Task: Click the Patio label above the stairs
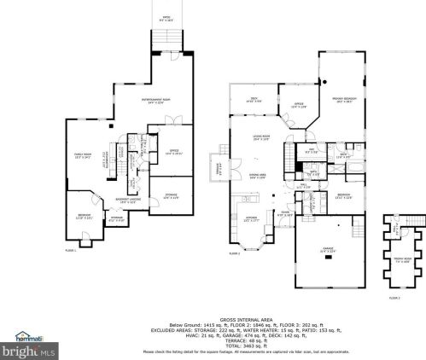point(166,18)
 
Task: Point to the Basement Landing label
point(128,200)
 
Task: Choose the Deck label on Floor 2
point(254,101)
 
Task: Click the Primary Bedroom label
point(344,100)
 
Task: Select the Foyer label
point(284,213)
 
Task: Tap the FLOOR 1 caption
point(71,249)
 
